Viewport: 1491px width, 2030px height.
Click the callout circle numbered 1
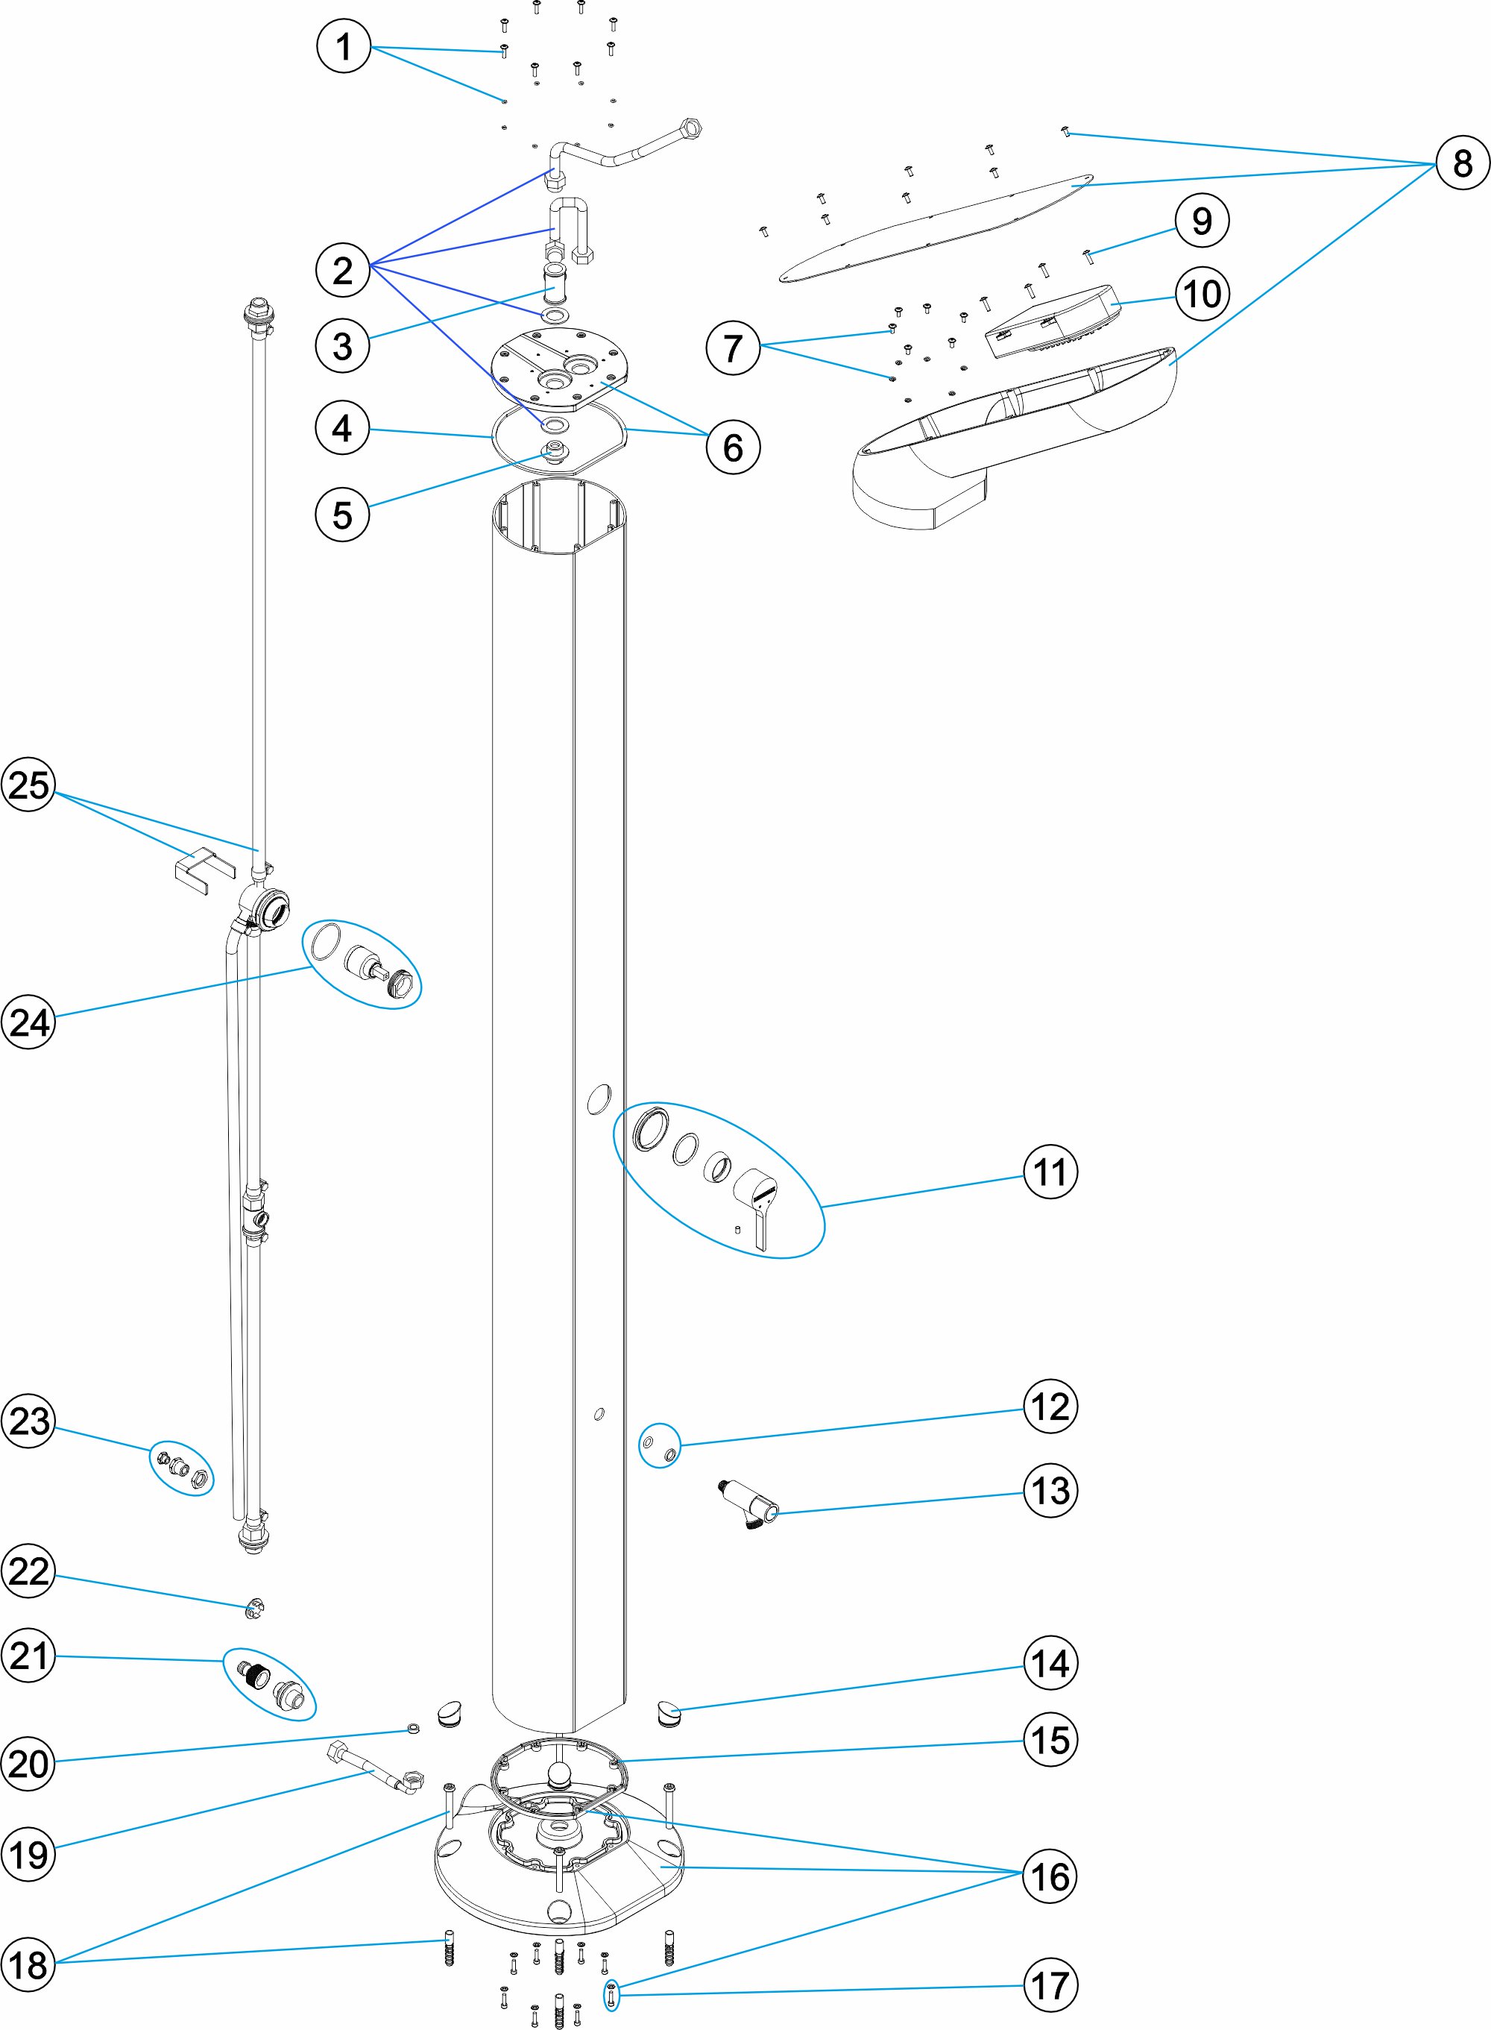343,47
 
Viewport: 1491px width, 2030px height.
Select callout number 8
1462,163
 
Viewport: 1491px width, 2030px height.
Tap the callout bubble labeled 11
1050,1172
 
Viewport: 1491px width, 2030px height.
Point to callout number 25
29,785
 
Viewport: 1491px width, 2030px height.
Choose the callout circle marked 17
1050,1986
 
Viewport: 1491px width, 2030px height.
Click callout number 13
1050,1490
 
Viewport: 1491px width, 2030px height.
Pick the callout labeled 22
29,1571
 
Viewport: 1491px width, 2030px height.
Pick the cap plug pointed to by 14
669,1711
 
